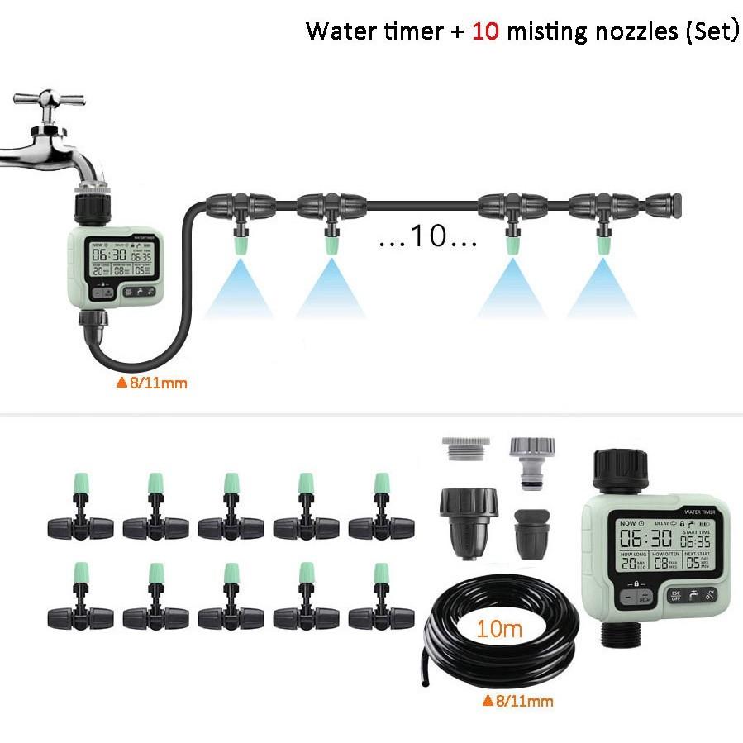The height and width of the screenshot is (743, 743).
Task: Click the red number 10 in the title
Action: (485, 31)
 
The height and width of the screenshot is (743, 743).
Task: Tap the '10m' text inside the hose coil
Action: (499, 629)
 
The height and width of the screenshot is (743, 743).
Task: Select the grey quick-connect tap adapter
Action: (531, 464)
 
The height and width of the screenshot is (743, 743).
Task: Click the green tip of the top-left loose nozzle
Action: (80, 481)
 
